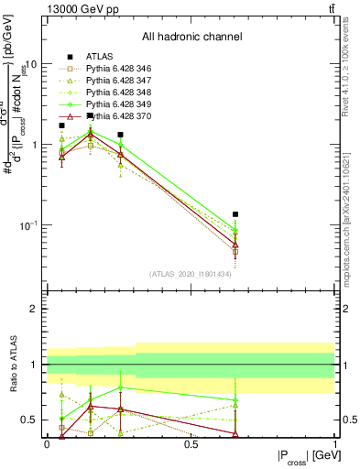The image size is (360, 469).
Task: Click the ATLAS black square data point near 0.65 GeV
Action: pyautogui.click(x=235, y=214)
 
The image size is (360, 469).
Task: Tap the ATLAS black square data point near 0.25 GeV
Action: pyautogui.click(x=120, y=135)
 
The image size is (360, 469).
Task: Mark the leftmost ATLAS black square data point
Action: pyautogui.click(x=61, y=125)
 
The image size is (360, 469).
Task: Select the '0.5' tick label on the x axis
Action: pyautogui.click(x=191, y=442)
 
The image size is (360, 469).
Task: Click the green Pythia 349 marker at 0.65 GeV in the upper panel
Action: pyautogui.click(x=235, y=231)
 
